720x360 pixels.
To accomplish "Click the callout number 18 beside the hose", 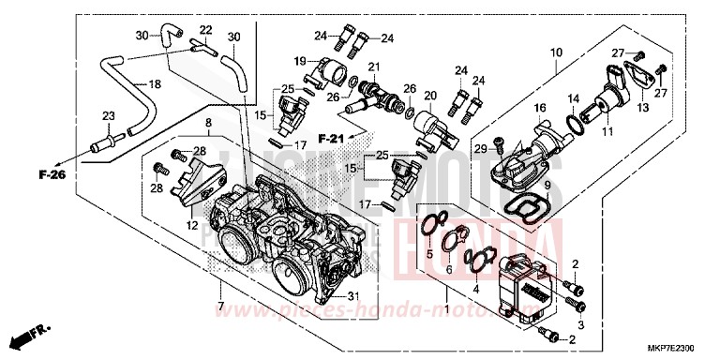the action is (155, 83).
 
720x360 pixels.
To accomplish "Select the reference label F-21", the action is (331, 138).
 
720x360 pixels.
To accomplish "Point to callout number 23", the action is (108, 117).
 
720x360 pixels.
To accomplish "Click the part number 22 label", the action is (206, 29).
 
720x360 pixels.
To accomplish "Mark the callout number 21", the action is (372, 67).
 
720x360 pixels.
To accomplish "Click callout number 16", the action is (539, 110).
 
